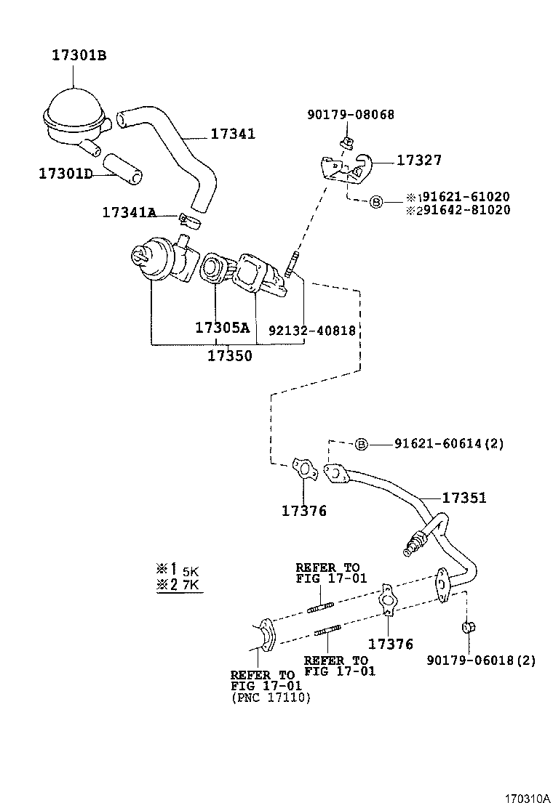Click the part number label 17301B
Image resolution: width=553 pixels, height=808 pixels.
click(79, 55)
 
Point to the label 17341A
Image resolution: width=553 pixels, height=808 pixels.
click(129, 212)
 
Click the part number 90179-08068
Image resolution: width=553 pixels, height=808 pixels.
click(351, 114)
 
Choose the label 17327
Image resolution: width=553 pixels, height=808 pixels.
click(418, 161)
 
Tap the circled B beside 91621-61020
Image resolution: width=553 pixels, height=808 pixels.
click(376, 201)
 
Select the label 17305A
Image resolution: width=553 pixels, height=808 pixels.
click(222, 328)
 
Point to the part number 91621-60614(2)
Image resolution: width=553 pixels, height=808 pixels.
click(449, 443)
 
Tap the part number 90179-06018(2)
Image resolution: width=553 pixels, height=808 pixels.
click(481, 660)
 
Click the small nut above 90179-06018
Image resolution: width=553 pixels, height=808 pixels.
click(468, 627)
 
